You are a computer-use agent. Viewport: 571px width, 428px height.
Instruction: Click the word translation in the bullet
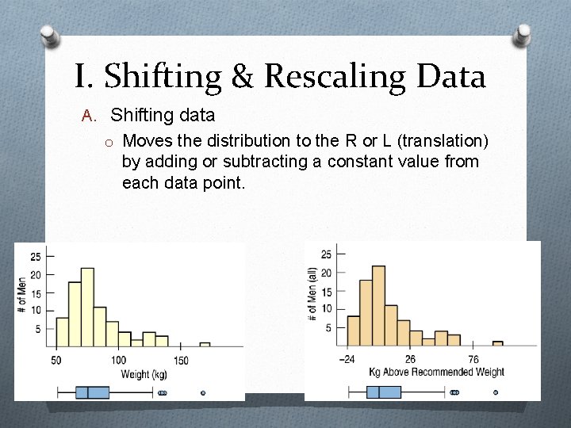coord(443,141)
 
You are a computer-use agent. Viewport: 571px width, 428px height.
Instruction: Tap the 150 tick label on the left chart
coord(180,361)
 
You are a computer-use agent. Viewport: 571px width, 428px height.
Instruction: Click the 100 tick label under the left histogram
coord(118,361)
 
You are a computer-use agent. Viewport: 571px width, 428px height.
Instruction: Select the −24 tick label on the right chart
coord(347,360)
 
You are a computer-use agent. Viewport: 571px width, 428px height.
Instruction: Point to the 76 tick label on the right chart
coord(473,360)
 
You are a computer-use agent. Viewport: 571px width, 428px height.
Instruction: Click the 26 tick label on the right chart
coord(410,360)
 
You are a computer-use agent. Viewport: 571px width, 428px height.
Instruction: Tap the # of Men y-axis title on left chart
coord(22,293)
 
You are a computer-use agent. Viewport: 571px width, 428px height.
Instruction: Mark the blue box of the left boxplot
coord(92,392)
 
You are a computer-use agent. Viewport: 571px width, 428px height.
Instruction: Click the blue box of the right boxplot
coord(384,392)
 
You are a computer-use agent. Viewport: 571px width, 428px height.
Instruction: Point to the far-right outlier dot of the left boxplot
coord(203,392)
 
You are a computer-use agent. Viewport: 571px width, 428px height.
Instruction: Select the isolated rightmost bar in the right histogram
coord(498,343)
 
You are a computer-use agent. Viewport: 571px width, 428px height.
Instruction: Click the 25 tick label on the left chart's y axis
coord(35,257)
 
